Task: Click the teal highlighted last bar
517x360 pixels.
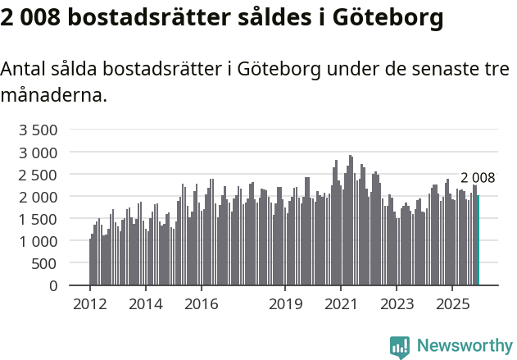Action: click(x=478, y=240)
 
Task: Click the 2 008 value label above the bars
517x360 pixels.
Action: click(x=478, y=178)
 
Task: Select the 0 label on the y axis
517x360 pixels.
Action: click(x=53, y=285)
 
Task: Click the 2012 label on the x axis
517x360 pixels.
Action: click(x=89, y=304)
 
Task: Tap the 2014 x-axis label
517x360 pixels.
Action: click(x=146, y=304)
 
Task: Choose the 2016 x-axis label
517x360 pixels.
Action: click(x=202, y=304)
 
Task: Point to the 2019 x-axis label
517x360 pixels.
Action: click(x=285, y=304)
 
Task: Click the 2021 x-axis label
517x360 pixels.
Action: click(x=341, y=304)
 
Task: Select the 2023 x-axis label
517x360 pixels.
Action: click(x=397, y=304)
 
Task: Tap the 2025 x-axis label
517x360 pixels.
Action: click(x=453, y=304)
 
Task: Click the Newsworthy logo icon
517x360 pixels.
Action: click(x=400, y=347)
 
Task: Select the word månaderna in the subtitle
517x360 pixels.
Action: click(x=54, y=95)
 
